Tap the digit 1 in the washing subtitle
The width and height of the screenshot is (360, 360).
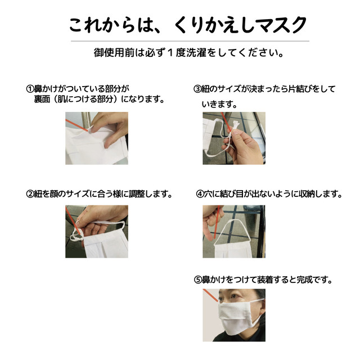[x=170, y=53]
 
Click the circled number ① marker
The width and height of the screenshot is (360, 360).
[x=30, y=89]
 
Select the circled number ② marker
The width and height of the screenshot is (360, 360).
[x=30, y=194]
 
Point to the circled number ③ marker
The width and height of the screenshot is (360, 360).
[x=197, y=89]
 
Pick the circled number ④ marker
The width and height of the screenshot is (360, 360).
[x=200, y=194]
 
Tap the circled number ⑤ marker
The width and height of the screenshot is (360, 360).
[x=197, y=280]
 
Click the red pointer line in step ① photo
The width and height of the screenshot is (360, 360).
[x=76, y=125]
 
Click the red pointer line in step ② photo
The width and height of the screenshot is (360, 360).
[x=74, y=221]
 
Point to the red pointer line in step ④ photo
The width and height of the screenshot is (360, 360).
[x=217, y=222]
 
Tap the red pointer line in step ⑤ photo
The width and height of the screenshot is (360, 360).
[x=210, y=295]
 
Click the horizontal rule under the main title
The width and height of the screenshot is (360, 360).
[x=190, y=41]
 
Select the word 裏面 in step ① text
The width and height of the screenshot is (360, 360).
[x=42, y=99]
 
